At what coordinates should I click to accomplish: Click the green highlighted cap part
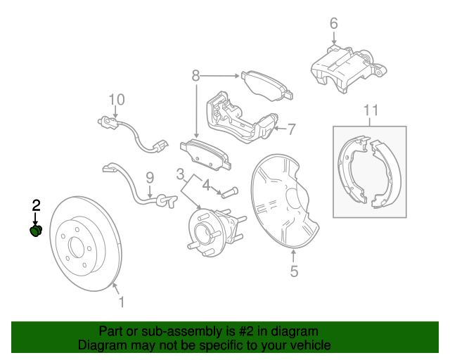[x=36, y=231]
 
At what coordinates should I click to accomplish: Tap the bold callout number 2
[x=36, y=205]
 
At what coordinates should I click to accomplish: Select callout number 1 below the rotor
[x=122, y=302]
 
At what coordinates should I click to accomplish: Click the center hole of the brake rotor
[x=77, y=247]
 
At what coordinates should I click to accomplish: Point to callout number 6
[x=333, y=23]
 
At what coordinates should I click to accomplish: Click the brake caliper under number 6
[x=348, y=69]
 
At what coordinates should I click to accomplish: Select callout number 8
[x=195, y=76]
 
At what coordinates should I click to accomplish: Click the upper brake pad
[x=267, y=85]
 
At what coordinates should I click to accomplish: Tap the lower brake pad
[x=206, y=155]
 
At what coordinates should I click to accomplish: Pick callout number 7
[x=291, y=129]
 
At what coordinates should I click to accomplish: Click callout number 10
[x=117, y=100]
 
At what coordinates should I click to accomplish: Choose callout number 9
[x=150, y=178]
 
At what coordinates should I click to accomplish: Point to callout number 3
[x=180, y=174]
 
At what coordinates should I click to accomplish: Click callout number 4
[x=206, y=185]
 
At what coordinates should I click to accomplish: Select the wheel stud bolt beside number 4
[x=230, y=192]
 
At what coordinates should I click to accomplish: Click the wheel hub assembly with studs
[x=214, y=232]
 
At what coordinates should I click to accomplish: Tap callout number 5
[x=294, y=271]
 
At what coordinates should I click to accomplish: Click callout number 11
[x=371, y=110]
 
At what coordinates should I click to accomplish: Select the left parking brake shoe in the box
[x=352, y=170]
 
